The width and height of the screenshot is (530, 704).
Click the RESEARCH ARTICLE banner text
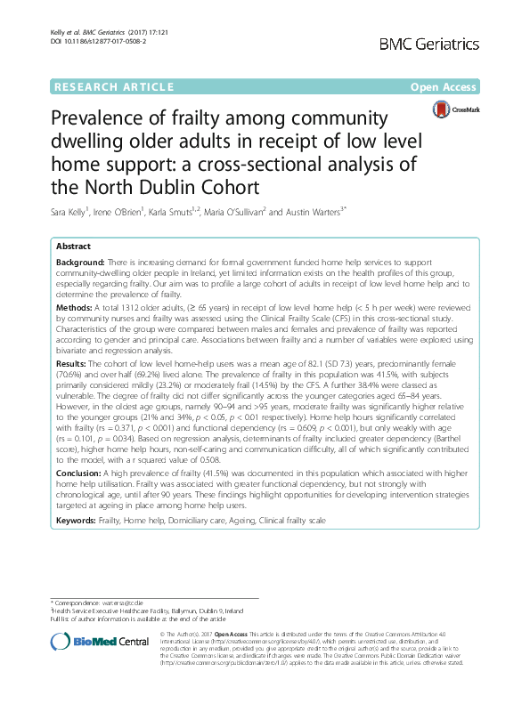[x=113, y=87]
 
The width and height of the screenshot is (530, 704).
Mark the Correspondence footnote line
[x=99, y=603]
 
